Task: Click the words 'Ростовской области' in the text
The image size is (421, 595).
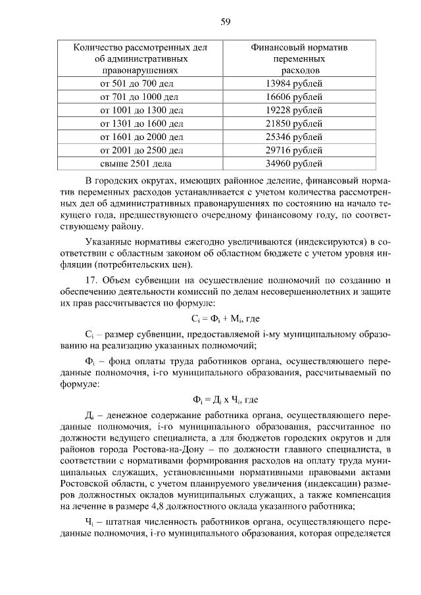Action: [x=97, y=481]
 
